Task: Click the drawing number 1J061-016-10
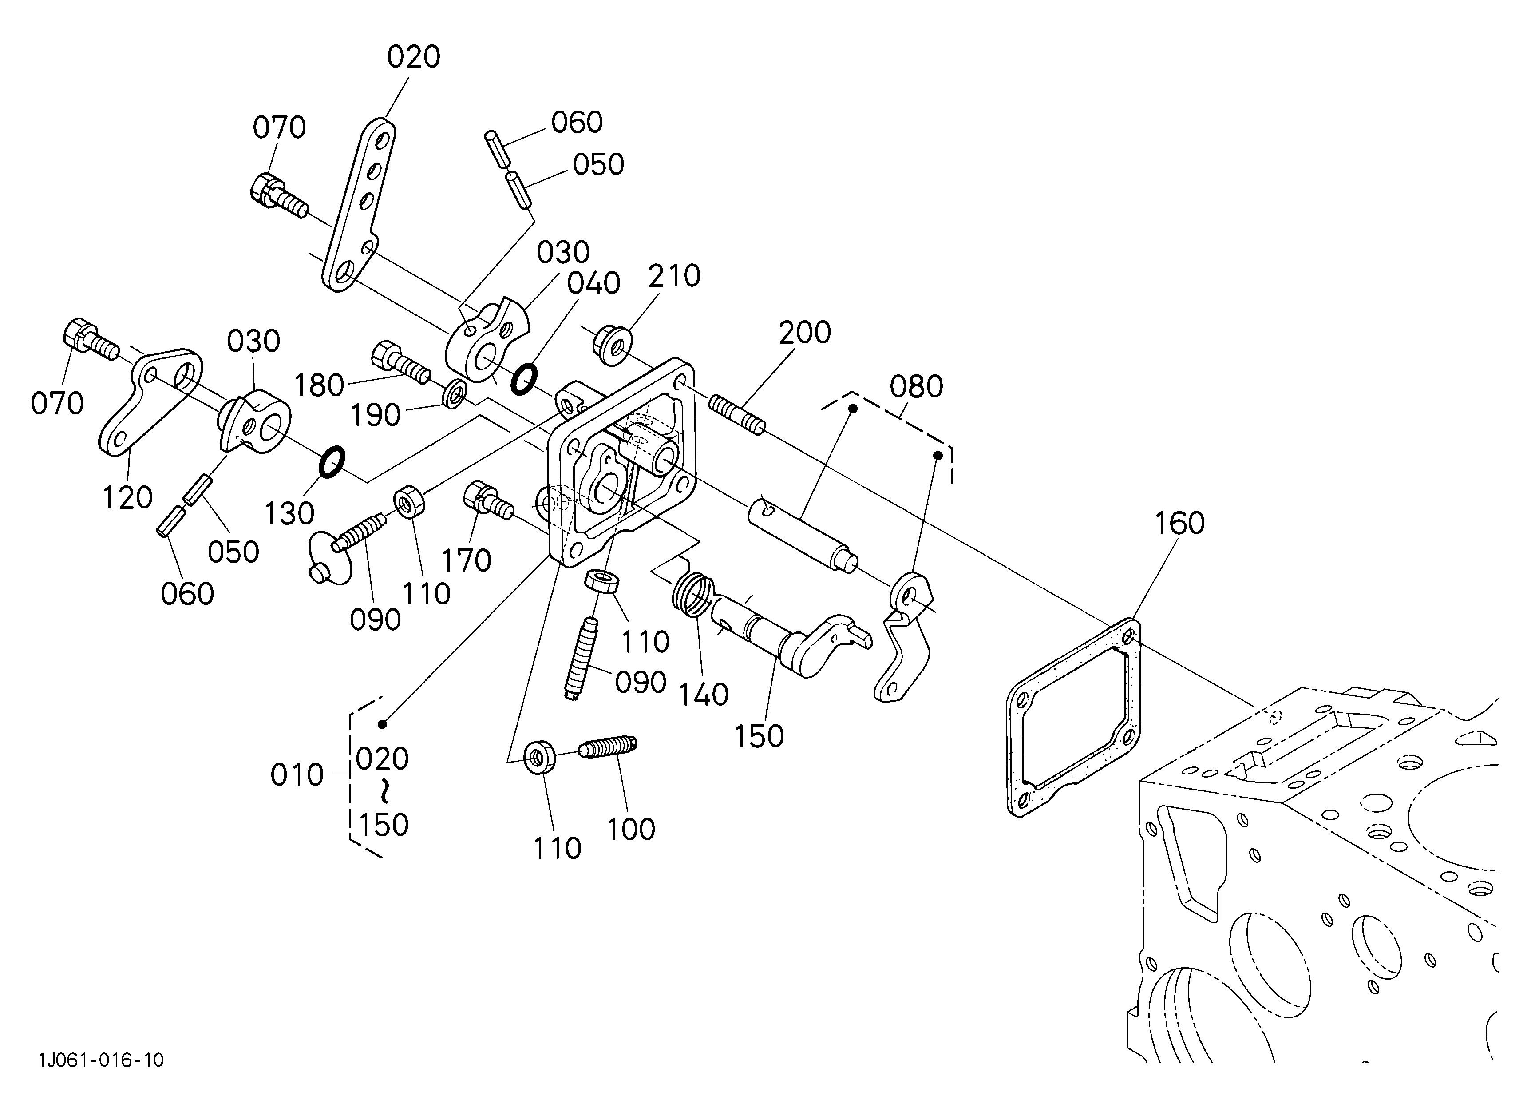[101, 1059]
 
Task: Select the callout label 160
[1179, 523]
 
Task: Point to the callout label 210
[674, 276]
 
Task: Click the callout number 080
[916, 387]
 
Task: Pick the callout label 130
[289, 514]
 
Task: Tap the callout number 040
[593, 284]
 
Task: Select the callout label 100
[631, 830]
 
